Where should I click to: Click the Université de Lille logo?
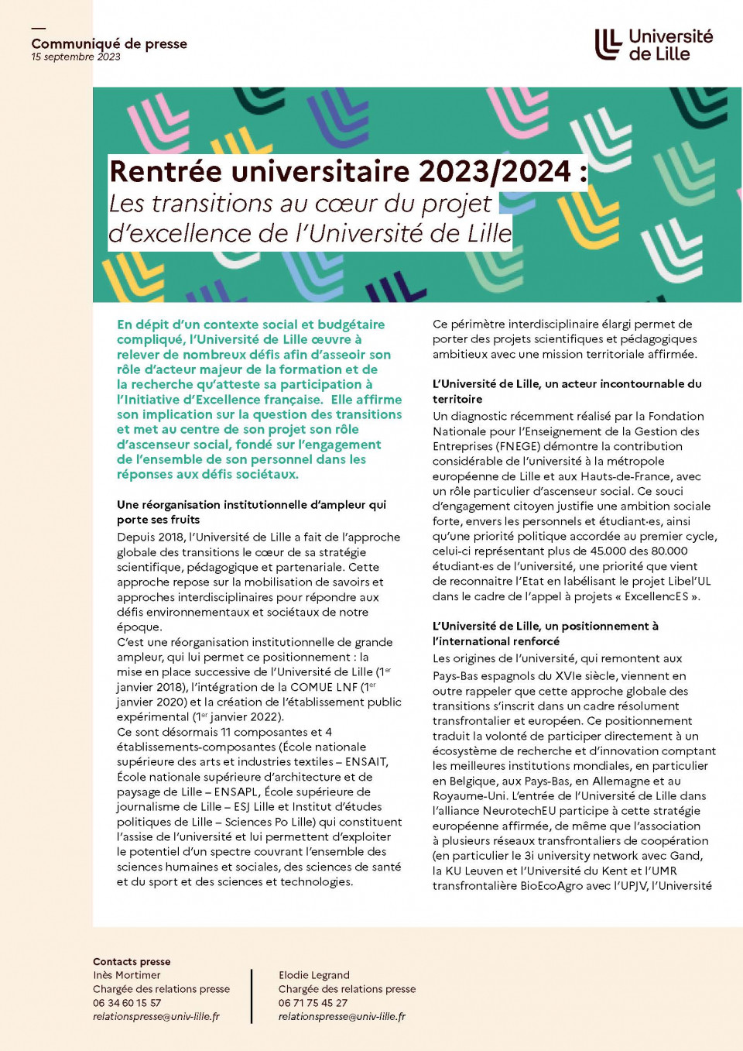click(653, 45)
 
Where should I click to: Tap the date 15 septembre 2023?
click(76, 57)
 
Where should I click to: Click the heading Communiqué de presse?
click(109, 43)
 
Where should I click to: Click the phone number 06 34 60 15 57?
click(127, 1003)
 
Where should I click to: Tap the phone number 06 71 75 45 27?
click(313, 1003)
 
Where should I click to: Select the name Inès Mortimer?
click(127, 975)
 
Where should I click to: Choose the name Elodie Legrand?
click(314, 975)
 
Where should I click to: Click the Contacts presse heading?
click(132, 961)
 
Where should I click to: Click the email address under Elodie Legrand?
click(342, 1016)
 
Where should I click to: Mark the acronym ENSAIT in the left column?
click(366, 761)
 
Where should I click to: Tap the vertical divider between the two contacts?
click(252, 995)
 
